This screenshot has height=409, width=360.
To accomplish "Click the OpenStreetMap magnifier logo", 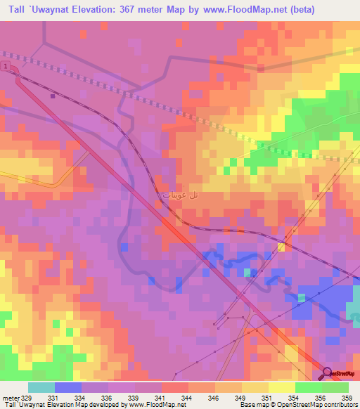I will click(328, 373).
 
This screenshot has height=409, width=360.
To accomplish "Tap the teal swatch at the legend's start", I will click(41, 387).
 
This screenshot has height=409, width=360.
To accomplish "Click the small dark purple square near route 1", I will click(52, 96).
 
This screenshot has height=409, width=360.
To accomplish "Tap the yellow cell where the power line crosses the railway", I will click(282, 246).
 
